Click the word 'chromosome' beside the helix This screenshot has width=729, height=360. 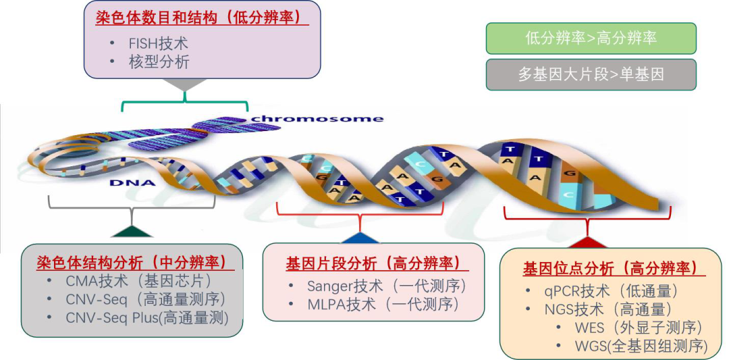[x=317, y=119]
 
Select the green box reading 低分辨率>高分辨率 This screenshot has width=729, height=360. [x=591, y=38]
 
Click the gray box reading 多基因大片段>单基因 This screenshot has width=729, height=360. [x=591, y=74]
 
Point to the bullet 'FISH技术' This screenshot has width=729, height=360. [x=158, y=43]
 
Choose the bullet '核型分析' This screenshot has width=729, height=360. [x=159, y=62]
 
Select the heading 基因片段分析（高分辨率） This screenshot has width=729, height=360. [x=373, y=263]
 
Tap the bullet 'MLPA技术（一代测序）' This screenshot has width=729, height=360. [x=383, y=304]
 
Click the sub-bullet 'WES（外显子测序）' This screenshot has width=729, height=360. [x=639, y=328]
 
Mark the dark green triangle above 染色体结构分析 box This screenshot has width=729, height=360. [x=133, y=232]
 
